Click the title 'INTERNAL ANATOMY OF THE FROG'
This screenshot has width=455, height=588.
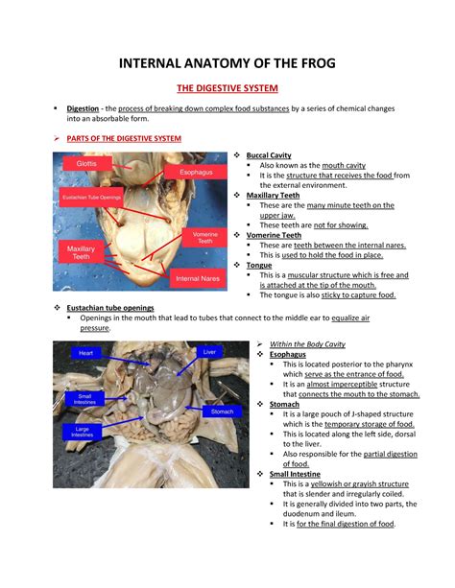[227, 65]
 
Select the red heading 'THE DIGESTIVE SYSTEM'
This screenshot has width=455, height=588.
[227, 89]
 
